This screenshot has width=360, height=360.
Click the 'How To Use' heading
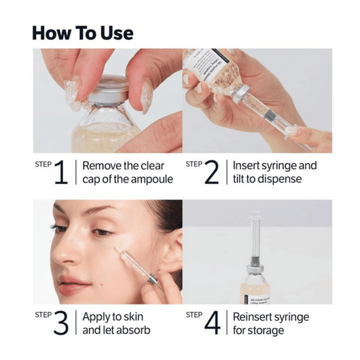(x=83, y=33)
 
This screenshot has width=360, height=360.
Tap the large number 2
(x=212, y=173)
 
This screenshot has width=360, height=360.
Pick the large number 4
(x=213, y=324)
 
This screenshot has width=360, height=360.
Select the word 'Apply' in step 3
(x=96, y=317)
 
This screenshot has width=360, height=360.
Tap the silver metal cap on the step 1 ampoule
(x=114, y=92)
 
